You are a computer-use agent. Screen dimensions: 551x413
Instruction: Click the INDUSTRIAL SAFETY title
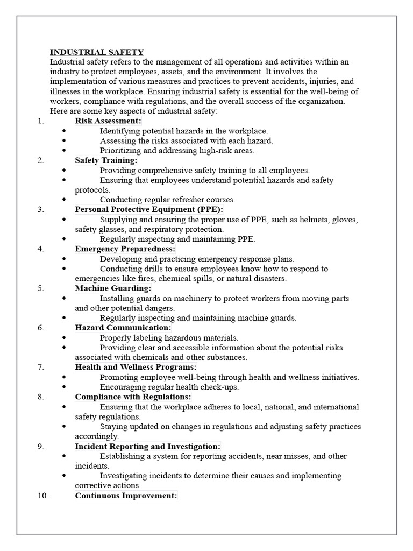97,52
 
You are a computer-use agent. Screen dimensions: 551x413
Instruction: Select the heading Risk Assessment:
108,121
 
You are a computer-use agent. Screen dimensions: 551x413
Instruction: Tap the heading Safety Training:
106,160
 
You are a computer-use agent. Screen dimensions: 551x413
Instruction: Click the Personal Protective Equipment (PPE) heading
148,209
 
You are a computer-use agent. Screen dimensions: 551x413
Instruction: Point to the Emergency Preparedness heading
125,249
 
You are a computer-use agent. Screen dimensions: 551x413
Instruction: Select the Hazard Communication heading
123,328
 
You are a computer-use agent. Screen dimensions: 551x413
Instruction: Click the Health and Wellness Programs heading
136,367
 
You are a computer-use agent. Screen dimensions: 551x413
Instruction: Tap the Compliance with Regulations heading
133,397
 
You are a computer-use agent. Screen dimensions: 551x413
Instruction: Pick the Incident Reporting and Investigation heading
147,447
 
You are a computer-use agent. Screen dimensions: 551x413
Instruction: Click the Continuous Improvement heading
126,496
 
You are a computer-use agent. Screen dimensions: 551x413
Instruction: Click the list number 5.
41,288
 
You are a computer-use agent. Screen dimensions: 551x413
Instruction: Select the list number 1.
41,121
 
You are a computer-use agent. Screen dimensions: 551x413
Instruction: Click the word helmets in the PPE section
315,220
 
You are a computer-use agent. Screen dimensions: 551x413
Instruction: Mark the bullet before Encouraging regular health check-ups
65,387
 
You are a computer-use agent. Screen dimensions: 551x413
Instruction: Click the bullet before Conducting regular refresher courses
65,200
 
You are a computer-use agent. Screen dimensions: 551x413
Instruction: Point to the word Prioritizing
121,151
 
